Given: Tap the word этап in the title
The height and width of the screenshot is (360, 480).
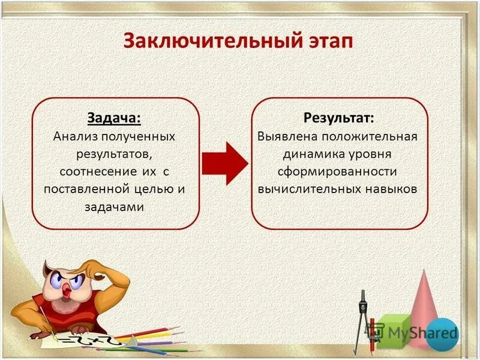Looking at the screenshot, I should click(324, 41).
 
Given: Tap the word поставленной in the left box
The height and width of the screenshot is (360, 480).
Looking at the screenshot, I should click(87, 188).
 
